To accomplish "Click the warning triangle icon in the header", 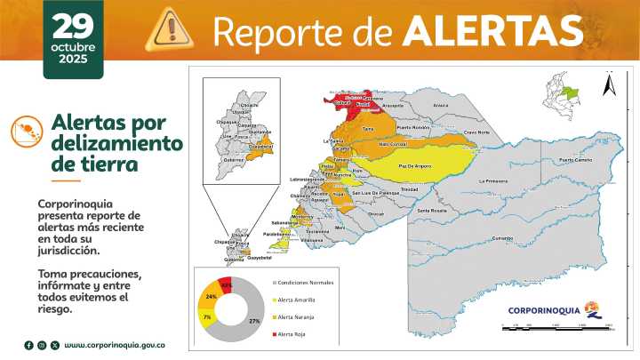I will (170, 27).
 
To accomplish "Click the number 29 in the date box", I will (72, 25).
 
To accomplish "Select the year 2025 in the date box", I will (72, 60).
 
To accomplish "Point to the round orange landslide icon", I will (28, 132).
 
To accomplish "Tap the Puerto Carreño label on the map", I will (576, 160).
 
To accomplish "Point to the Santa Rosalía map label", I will (433, 210).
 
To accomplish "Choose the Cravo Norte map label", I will (476, 132).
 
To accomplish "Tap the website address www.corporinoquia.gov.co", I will (115, 344).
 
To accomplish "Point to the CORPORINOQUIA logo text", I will (544, 310).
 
